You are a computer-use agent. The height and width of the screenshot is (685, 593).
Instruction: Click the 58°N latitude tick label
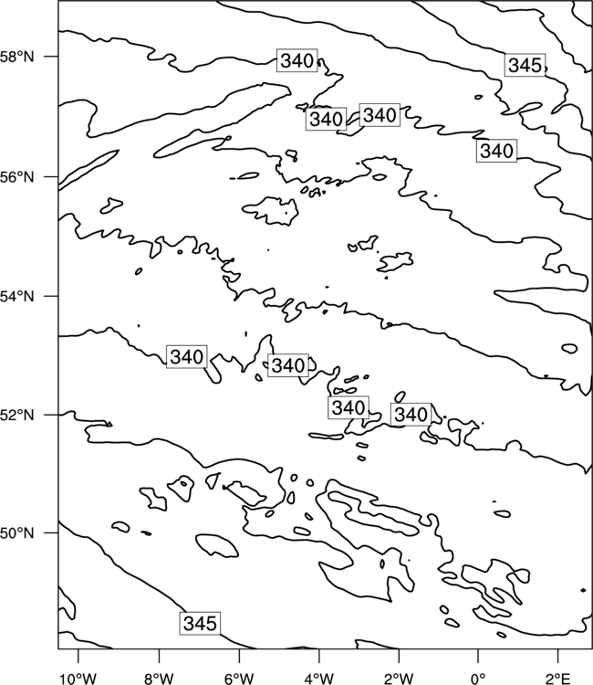click(17, 57)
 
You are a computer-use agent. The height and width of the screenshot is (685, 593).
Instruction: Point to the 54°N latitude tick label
click(17, 296)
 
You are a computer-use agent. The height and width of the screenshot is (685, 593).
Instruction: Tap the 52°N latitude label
click(17, 415)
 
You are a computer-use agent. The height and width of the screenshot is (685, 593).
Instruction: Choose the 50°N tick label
click(17, 533)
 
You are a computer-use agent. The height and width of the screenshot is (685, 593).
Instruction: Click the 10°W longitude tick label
click(78, 679)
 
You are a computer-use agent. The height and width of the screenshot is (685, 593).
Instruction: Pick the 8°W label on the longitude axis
click(159, 679)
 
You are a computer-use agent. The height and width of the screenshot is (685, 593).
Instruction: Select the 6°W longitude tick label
click(239, 679)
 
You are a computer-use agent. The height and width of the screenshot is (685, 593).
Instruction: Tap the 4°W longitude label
click(318, 679)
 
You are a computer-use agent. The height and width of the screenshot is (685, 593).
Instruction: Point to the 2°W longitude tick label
click(399, 679)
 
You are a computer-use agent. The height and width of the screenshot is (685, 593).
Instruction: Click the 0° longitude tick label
click(478, 679)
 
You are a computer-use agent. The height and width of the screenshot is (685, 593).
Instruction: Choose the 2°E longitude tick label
click(558, 679)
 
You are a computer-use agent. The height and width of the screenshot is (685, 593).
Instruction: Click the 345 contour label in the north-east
click(525, 65)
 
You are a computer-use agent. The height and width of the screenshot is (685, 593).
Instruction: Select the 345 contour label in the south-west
click(200, 623)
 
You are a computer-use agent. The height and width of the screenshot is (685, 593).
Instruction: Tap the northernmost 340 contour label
click(297, 60)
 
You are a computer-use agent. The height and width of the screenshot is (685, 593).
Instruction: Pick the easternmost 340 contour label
click(496, 151)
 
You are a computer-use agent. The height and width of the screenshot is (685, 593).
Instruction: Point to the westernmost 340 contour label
click(187, 356)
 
